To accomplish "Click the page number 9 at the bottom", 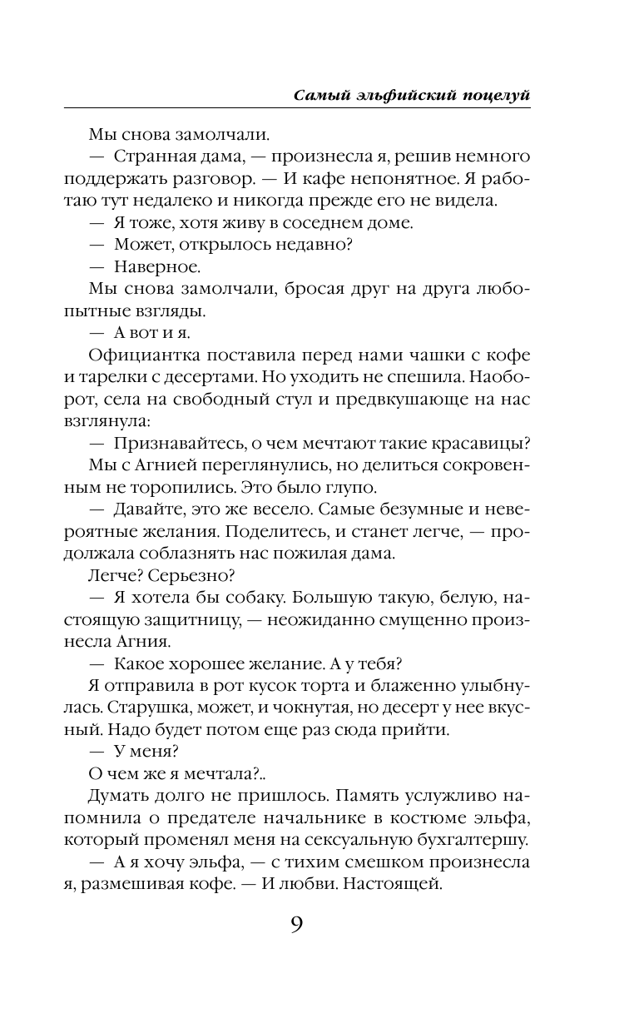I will coord(296,926).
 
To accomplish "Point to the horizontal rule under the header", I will coord(296,108).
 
